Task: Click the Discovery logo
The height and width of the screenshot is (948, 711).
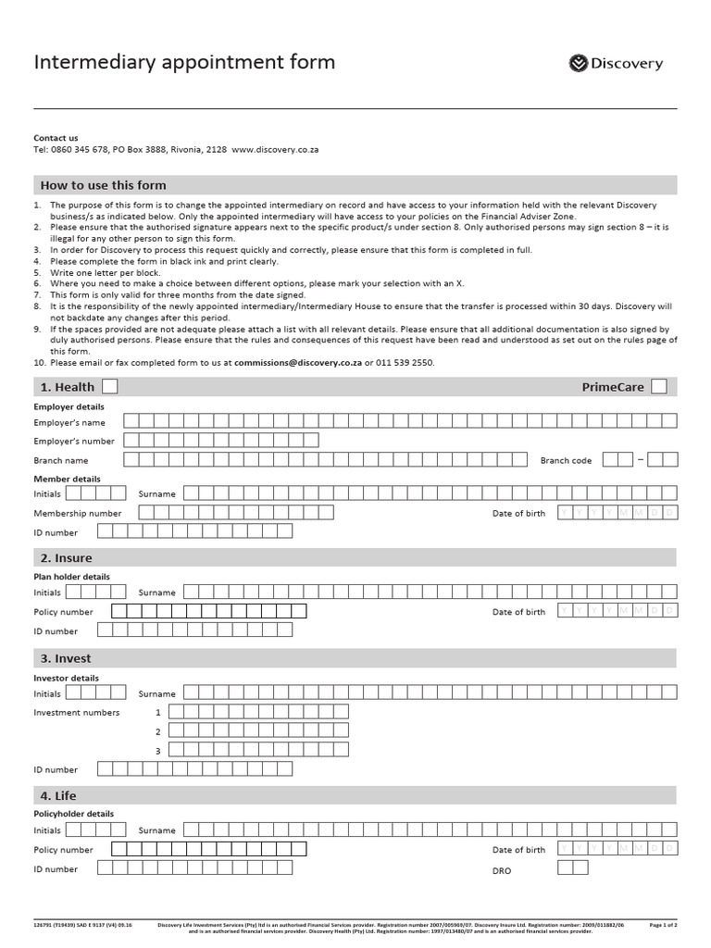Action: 615,63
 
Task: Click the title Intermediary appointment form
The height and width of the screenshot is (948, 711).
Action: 184,62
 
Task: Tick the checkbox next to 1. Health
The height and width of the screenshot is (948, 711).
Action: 109,386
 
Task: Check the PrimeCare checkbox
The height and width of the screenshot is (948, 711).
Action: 658,386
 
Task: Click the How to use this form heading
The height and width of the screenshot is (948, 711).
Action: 102,185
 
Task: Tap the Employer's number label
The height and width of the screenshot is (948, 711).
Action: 74,441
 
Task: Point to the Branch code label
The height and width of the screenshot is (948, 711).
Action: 566,460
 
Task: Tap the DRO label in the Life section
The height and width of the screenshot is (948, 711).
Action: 501,871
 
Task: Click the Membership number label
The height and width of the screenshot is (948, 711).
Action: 78,513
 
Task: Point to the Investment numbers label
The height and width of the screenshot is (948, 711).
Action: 77,713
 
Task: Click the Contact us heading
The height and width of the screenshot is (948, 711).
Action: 56,138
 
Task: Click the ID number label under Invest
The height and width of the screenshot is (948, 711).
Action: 56,769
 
